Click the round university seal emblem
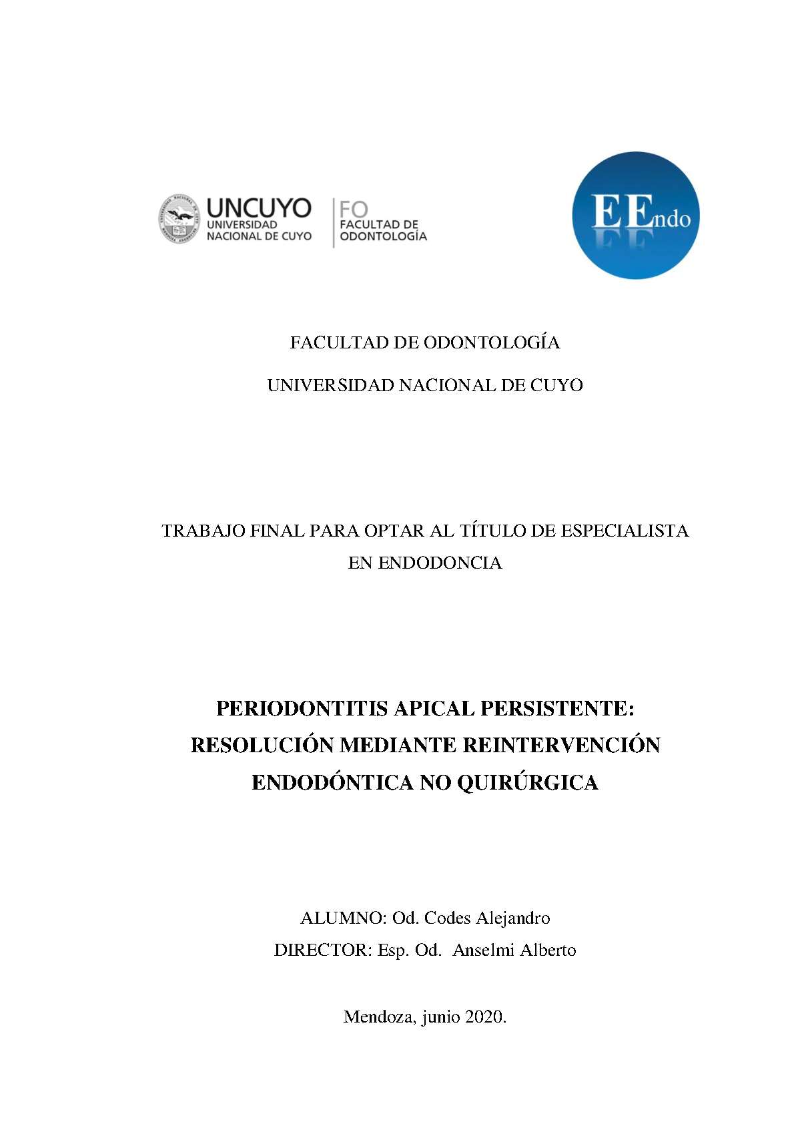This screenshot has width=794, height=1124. click(x=179, y=219)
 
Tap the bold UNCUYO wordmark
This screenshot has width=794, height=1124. click(x=258, y=208)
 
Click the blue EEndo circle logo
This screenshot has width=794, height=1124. click(x=635, y=216)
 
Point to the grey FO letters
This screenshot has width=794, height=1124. click(x=354, y=209)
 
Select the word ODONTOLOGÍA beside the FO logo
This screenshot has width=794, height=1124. click(x=383, y=236)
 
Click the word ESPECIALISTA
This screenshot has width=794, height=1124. click(x=625, y=531)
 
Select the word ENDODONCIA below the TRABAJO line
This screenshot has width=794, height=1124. click(x=440, y=563)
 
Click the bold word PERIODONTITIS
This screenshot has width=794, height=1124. click(x=302, y=708)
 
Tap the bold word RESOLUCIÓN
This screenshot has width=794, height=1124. click(x=263, y=745)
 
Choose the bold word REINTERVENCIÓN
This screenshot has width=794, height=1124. click(x=561, y=745)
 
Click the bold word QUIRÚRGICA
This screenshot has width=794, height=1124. click(x=527, y=782)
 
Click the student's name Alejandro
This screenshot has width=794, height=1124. click(x=513, y=918)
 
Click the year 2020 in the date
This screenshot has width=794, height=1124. click(x=485, y=1017)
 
